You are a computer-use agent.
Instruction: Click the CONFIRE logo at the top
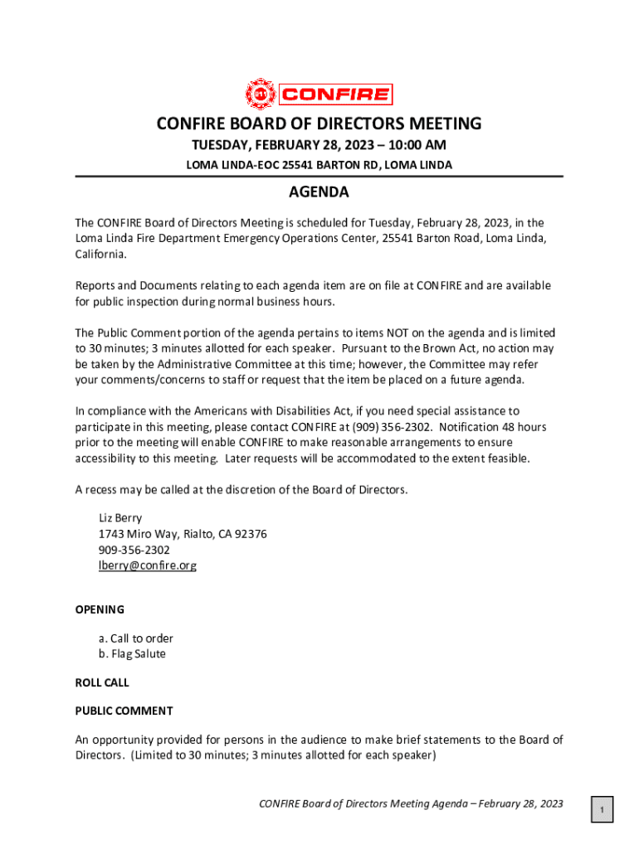pos(319,94)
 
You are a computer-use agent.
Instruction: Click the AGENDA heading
pos(319,193)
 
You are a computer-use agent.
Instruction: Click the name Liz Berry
pos(120,518)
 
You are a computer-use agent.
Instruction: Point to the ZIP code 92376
pos(250,534)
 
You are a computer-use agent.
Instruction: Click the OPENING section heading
pos(100,609)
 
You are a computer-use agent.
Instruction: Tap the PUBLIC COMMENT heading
pos(124,711)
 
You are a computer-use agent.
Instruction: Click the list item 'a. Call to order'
pos(136,638)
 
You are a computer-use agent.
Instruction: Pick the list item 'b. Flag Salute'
pos(132,654)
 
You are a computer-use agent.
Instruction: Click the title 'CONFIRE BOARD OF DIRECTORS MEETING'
pos(319,124)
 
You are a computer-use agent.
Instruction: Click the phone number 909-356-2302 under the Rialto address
pos(134,550)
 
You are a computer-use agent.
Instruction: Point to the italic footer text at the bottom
pos(411,803)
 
